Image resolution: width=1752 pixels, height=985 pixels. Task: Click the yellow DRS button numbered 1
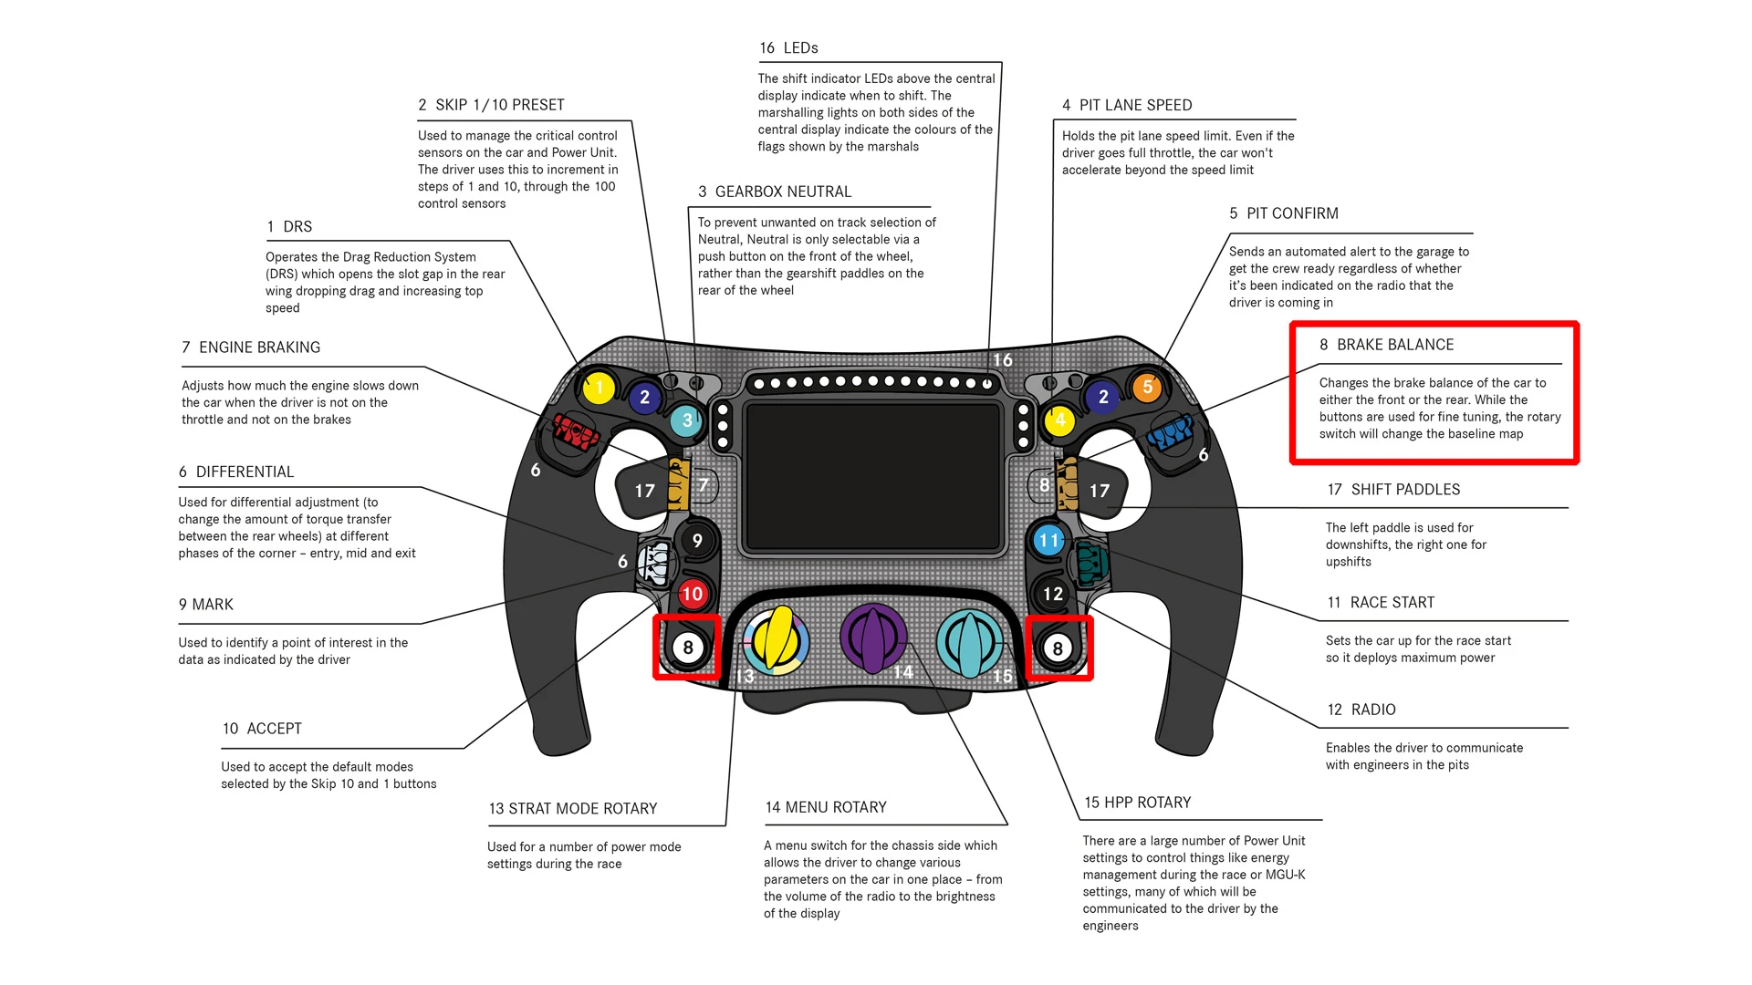599,389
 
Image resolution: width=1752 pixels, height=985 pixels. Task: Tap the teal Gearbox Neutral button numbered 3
686,420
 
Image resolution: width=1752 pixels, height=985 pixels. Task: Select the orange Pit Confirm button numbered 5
1147,388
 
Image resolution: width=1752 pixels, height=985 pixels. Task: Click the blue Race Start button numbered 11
1049,540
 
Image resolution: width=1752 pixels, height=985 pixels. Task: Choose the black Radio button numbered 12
1053,594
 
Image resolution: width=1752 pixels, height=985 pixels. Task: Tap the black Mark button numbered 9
697,541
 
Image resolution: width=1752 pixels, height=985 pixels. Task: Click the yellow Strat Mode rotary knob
776,638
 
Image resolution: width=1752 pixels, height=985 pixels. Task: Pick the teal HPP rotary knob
969,640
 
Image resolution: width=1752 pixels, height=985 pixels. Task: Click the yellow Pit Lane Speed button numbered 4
1059,420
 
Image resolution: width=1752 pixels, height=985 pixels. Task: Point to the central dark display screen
874,476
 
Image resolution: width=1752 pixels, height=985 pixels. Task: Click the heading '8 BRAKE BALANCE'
1386,345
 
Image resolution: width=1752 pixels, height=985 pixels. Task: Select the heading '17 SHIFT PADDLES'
1393,490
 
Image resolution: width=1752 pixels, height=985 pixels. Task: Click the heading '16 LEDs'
788,48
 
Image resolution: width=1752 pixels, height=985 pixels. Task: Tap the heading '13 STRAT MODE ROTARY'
573,809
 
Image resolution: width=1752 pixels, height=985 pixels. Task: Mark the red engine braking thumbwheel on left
576,430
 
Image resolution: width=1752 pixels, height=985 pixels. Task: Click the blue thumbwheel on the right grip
1171,432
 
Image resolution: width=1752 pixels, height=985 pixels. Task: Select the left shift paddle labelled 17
644,491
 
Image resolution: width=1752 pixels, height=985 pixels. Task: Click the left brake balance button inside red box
688,648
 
